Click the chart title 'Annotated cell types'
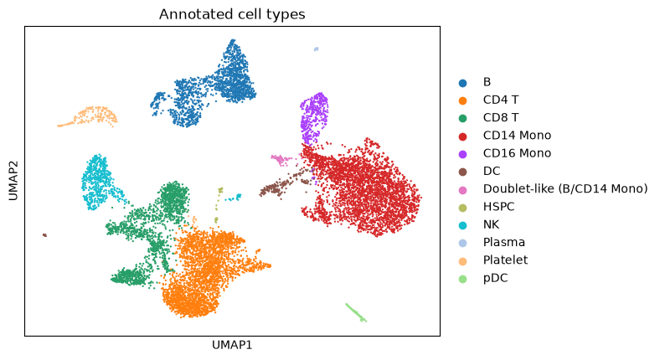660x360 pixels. tap(232, 14)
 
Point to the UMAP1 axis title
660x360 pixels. tap(232, 345)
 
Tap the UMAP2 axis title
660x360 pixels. tap(13, 182)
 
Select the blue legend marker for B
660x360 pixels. tap(462, 83)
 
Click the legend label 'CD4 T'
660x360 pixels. tap(501, 100)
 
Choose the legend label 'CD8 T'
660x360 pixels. tap(501, 118)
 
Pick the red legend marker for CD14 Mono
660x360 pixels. tap(462, 136)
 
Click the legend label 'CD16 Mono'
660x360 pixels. tap(517, 153)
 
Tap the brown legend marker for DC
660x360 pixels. tap(462, 172)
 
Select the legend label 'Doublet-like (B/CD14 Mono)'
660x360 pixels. tap(565, 189)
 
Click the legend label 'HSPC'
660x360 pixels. tap(499, 207)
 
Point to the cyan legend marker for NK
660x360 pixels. tap(462, 225)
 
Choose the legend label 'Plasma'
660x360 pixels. tap(504, 242)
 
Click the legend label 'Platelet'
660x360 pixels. tap(505, 260)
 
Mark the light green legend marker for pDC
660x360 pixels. tap(462, 279)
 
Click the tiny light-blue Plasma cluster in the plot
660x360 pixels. tap(316, 49)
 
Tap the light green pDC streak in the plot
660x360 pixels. tap(356, 312)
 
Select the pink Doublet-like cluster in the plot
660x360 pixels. tap(280, 160)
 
